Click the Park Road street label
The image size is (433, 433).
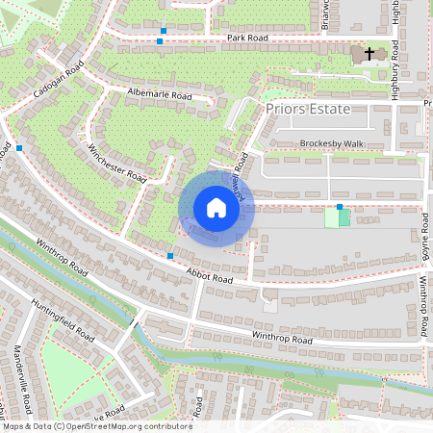(x=247, y=38)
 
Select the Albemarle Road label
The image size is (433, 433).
(x=160, y=94)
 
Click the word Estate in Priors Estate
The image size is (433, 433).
(x=344, y=109)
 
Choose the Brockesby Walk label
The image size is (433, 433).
(x=333, y=143)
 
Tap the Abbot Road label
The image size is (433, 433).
(x=210, y=278)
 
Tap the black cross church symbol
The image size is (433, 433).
(x=369, y=54)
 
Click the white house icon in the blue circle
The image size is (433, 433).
(x=216, y=208)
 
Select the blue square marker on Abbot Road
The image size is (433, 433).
(x=170, y=256)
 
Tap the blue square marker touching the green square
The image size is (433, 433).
(x=339, y=207)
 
